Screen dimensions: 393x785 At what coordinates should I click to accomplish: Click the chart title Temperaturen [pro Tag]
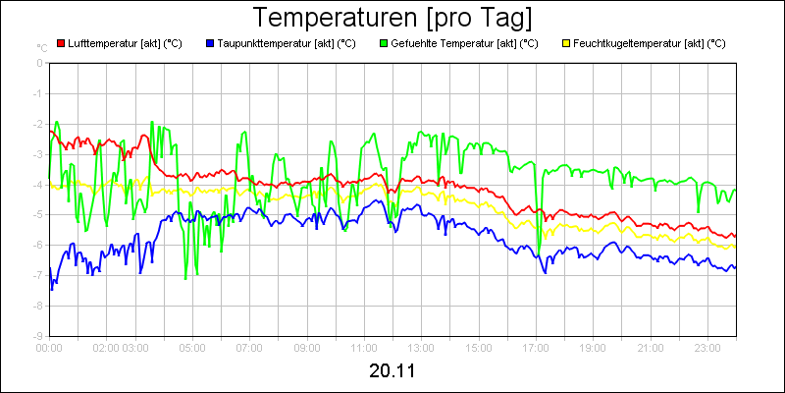[392, 18]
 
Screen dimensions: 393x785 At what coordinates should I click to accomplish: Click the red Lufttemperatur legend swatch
[61, 43]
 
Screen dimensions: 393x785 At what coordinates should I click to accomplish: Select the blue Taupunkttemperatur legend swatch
[210, 43]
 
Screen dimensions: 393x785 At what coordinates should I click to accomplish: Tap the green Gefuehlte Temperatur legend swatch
[383, 43]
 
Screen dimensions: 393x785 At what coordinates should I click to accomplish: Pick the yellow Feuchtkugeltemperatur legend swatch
[565, 43]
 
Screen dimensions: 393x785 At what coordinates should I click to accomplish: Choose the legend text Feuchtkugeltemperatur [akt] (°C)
[649, 43]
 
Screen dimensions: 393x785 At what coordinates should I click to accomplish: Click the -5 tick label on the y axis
[39, 214]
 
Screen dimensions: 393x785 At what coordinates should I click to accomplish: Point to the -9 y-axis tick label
[39, 335]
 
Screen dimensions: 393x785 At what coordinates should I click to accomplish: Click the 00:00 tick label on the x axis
[49, 347]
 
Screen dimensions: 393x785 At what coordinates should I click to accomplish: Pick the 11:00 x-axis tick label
[364, 347]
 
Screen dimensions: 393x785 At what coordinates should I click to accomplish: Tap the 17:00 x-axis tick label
[536, 347]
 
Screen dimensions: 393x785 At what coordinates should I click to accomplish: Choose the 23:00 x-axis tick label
[707, 347]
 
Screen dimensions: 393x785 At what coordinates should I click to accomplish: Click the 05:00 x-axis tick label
[192, 347]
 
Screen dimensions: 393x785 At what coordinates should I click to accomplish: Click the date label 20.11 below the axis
[392, 371]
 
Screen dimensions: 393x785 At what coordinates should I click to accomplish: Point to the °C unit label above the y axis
[41, 47]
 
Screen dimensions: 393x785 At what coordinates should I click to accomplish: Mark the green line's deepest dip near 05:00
[185, 279]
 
